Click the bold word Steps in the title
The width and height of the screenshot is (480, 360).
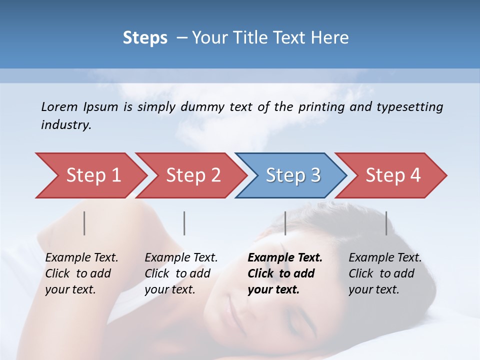[x=145, y=38]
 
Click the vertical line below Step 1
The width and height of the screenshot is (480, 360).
[x=84, y=223]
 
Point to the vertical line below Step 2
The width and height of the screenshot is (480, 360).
[x=184, y=223]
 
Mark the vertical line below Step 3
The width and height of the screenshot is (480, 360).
[x=285, y=223]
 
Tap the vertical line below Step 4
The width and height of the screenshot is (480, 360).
[x=386, y=223]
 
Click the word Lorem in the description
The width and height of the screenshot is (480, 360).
[x=59, y=107]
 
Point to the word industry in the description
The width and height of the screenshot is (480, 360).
[x=65, y=125]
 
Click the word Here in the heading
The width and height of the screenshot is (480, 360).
[x=329, y=38]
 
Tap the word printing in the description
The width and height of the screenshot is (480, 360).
[x=320, y=107]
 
